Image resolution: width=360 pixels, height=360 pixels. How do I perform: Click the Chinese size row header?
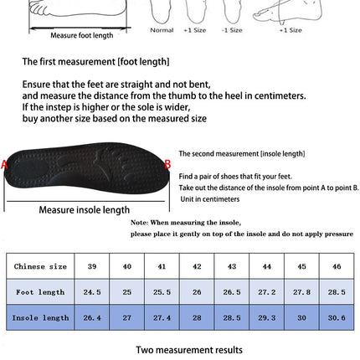pos(40,266)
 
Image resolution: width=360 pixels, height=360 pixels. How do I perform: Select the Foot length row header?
pos(40,292)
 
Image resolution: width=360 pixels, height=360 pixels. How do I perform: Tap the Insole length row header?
pos(40,317)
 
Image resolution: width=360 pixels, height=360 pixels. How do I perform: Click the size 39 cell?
pos(92,266)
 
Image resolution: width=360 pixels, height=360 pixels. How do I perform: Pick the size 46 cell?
pos(336,266)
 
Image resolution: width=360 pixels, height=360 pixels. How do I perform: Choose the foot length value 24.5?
pos(92,292)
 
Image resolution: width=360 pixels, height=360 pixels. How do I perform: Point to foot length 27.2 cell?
pos(266,292)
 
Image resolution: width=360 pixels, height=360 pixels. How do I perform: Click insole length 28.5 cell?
pos(231,317)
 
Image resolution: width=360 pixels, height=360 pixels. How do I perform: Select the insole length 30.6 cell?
pos(336,317)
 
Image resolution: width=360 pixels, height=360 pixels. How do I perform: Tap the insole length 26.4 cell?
pos(92,317)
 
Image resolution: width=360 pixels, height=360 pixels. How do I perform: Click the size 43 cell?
pos(231,266)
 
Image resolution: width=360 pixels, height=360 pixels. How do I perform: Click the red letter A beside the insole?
pos(4,166)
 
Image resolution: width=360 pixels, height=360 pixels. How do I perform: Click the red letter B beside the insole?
pos(167,165)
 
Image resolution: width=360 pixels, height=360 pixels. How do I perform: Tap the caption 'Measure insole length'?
pos(85,209)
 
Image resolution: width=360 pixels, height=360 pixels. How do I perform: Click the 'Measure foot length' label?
pos(81,36)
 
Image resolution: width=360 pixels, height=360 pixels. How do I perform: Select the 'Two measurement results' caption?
pos(189,349)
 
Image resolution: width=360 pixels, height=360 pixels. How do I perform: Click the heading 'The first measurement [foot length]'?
pos(95,62)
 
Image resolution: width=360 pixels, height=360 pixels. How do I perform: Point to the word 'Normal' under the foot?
pos(162,30)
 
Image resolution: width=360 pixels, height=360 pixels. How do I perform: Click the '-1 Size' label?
pos(232,30)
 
